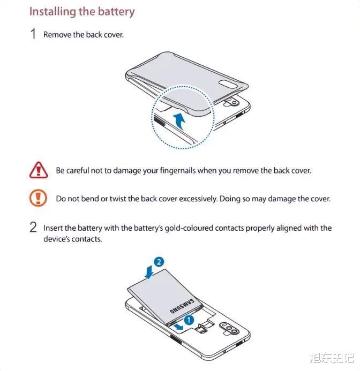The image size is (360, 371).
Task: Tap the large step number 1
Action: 33,34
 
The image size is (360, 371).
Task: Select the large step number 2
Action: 33,227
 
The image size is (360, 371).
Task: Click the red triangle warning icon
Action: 39,170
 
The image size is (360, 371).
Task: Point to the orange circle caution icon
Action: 38,198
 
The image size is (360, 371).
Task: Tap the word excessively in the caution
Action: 198,199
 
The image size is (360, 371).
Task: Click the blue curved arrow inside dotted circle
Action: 180,121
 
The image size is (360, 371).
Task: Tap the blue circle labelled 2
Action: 159,262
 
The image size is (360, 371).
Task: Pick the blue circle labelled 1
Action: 189,320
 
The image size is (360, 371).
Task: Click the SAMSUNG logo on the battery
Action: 182,306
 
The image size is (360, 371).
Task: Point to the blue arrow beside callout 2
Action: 149,272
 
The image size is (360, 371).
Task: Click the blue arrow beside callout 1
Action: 178,327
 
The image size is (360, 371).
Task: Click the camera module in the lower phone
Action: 229,329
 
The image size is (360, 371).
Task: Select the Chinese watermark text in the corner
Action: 332,358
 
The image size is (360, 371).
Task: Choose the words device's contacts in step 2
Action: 72,239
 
